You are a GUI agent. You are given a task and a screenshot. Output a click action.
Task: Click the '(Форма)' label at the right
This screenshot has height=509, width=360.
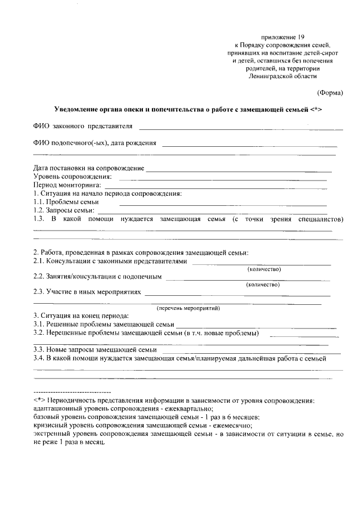[x=330, y=92]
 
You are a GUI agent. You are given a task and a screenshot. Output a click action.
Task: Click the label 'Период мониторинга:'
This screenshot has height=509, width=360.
[x=67, y=185]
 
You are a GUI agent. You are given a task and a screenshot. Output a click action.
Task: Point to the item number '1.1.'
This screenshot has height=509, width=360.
[x=39, y=202]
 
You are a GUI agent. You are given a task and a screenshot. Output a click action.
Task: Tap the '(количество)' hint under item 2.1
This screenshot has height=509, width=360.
[x=264, y=269]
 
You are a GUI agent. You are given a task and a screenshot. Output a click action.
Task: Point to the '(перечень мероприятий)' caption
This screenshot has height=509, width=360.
[x=188, y=308]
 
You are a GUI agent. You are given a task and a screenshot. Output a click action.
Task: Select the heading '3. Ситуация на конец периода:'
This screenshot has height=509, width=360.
[x=81, y=316]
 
